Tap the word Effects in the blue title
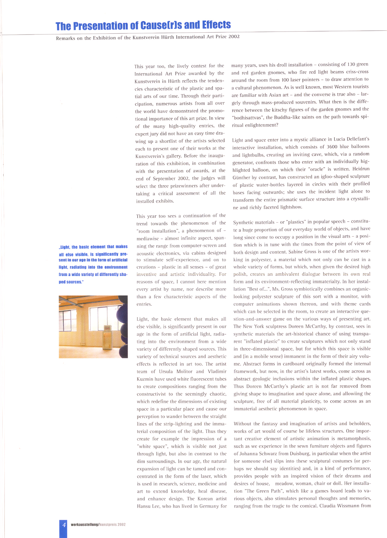(x=217, y=25)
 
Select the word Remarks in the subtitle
(x=65, y=38)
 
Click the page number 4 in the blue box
(x=64, y=525)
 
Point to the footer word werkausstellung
(x=84, y=525)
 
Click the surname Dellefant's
(x=354, y=139)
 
